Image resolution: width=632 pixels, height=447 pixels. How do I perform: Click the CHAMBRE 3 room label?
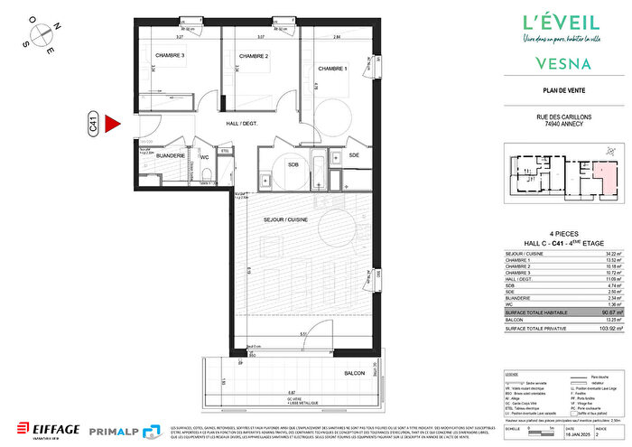170,56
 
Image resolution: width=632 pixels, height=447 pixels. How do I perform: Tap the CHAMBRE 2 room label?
255,56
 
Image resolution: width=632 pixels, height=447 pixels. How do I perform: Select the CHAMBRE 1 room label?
334,68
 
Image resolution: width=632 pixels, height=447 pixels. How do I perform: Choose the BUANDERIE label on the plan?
171,156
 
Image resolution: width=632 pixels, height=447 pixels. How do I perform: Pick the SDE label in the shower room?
353,155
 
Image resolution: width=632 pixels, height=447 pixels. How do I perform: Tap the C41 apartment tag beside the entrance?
93,125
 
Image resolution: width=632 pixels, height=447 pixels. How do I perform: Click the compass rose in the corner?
42,33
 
